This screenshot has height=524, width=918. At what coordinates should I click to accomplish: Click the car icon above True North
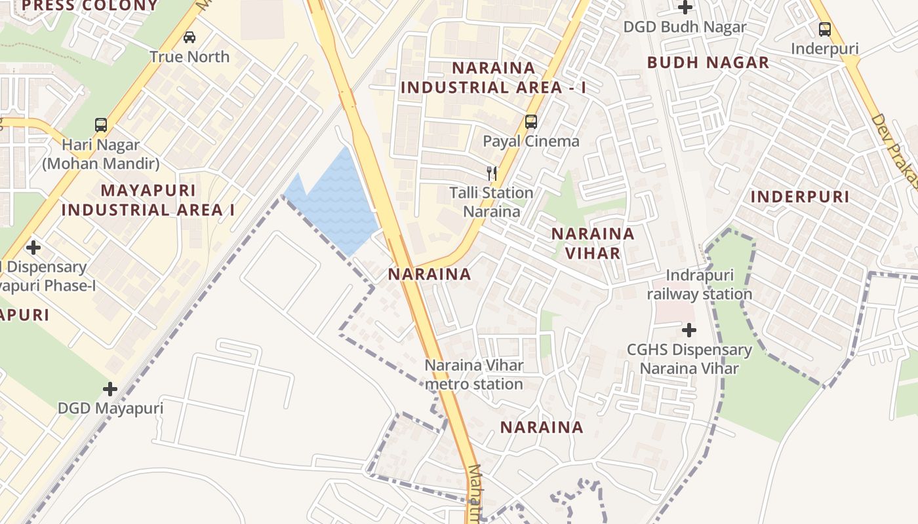click(190, 37)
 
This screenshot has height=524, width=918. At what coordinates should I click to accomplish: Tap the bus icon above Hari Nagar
click(101, 124)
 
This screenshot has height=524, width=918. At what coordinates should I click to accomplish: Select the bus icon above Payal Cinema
click(530, 121)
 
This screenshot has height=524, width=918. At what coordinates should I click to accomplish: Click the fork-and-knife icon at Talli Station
click(492, 173)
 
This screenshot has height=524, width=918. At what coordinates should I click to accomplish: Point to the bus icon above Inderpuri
click(824, 29)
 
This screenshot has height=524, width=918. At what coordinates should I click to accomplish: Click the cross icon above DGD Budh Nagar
click(685, 8)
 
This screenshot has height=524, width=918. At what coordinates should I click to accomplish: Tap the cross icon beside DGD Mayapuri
click(110, 389)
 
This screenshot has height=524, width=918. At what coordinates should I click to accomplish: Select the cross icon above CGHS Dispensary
click(688, 330)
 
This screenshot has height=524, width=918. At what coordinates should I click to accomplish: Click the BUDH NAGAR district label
click(708, 63)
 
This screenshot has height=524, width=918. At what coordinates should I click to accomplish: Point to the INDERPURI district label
click(799, 196)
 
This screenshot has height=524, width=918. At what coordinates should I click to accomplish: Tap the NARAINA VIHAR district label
click(593, 243)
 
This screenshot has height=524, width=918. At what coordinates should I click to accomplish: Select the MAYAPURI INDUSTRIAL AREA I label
click(148, 200)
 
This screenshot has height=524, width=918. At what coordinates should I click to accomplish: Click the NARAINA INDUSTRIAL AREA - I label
click(493, 77)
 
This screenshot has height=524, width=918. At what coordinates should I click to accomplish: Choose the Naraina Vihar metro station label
click(473, 375)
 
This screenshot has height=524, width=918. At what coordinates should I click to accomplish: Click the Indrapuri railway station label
click(699, 284)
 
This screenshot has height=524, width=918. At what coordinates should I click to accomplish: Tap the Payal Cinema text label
click(531, 141)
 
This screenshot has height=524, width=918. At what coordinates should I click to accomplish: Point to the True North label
click(190, 57)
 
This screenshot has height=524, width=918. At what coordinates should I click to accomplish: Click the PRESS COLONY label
click(90, 6)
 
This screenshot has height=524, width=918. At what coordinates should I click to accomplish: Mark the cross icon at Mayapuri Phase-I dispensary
click(33, 248)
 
